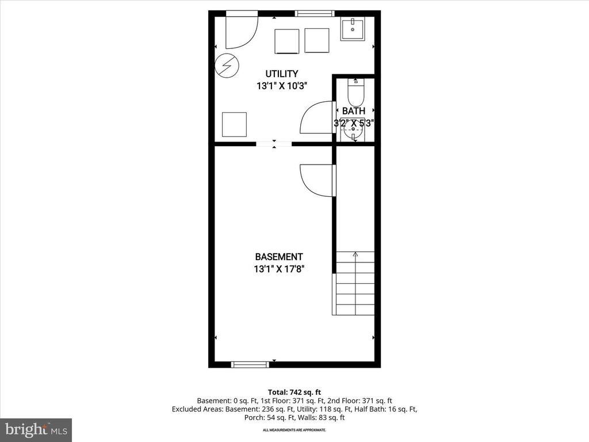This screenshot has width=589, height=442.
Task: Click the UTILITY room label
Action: [x=281, y=74]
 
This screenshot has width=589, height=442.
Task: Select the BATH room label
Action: [x=353, y=111]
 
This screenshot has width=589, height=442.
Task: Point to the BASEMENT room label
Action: [x=279, y=257]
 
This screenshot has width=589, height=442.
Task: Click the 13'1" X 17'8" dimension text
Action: [x=279, y=269]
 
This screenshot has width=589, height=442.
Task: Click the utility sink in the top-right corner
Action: [x=353, y=29]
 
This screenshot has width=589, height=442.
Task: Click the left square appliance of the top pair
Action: [x=286, y=41]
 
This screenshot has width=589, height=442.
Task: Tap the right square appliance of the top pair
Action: [x=316, y=40]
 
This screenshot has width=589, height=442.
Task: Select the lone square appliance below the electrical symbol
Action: [x=234, y=124]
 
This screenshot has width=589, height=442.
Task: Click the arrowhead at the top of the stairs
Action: [x=355, y=254]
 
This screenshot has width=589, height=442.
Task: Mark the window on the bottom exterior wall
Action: [x=250, y=364]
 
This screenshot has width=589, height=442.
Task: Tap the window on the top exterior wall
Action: [x=314, y=13]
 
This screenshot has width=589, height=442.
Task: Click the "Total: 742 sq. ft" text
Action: [x=294, y=391]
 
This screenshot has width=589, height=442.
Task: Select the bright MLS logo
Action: [x=36, y=429]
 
